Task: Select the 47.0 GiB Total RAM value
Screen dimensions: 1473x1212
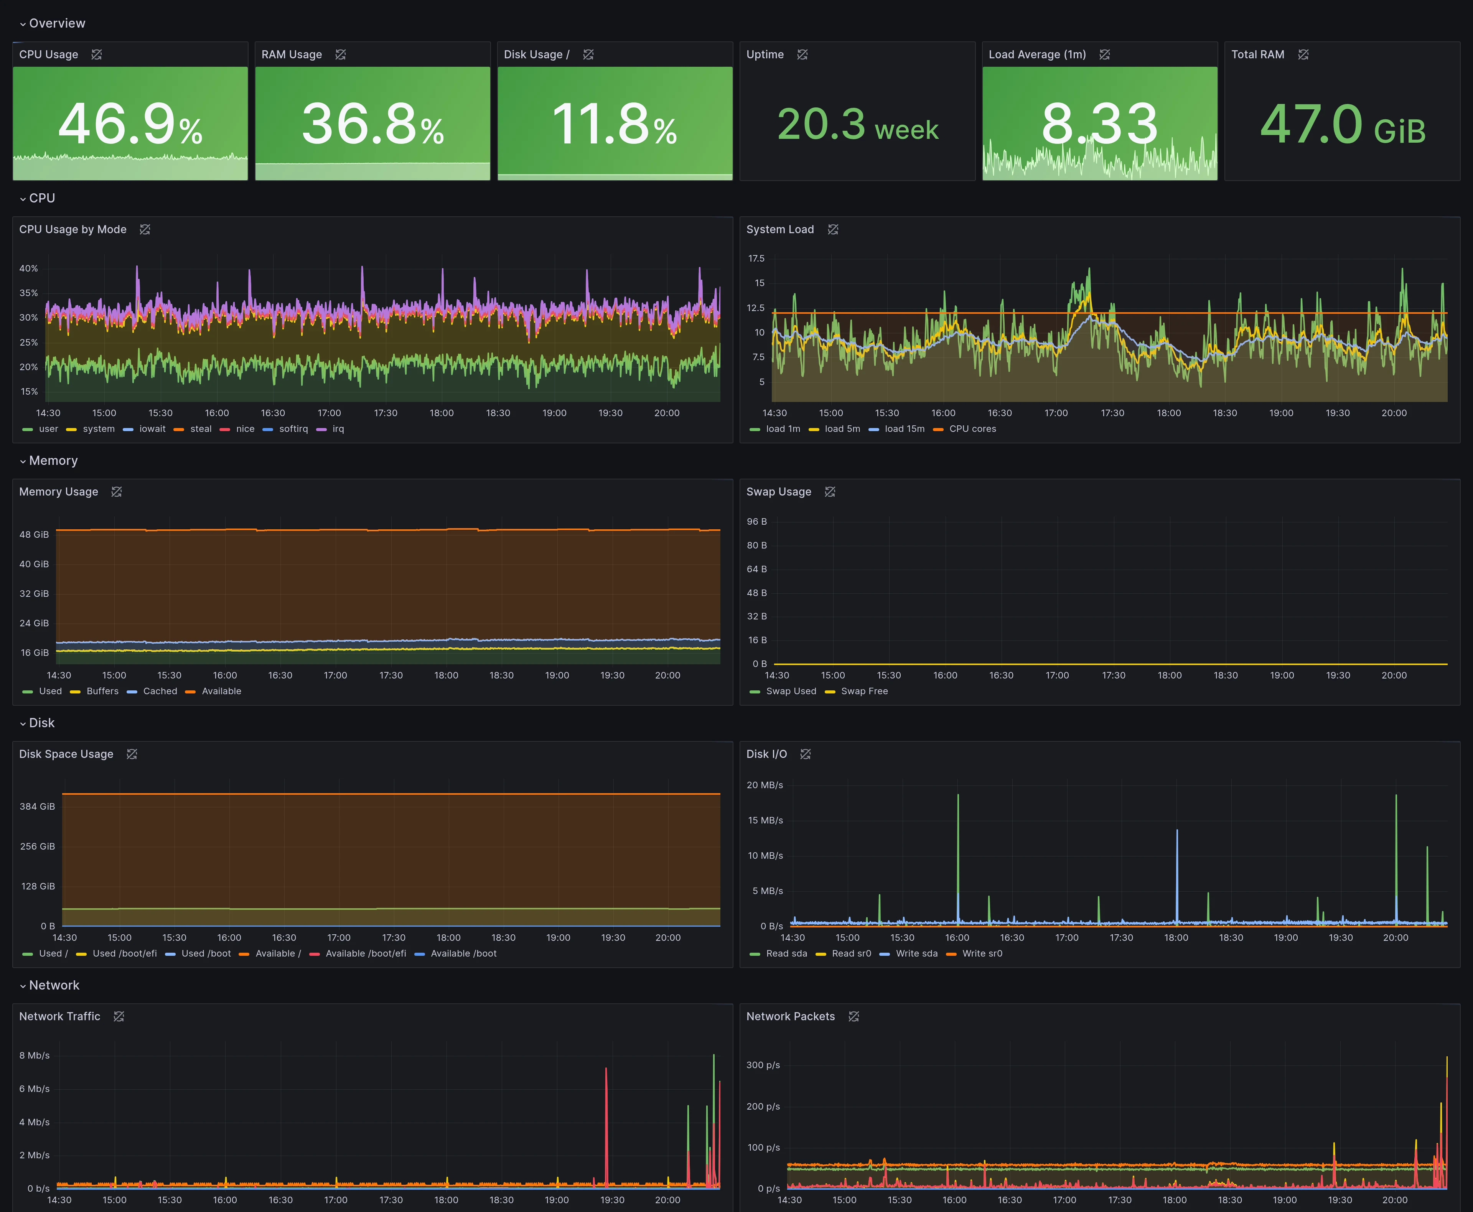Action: [x=1343, y=124]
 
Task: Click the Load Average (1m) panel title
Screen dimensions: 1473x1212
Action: [x=1037, y=54]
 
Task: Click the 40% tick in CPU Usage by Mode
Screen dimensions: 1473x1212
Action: [x=29, y=268]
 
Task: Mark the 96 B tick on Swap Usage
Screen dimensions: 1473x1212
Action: [x=757, y=522]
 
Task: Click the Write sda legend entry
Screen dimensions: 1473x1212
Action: [x=909, y=953]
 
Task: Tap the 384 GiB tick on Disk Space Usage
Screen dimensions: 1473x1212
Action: [x=37, y=806]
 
